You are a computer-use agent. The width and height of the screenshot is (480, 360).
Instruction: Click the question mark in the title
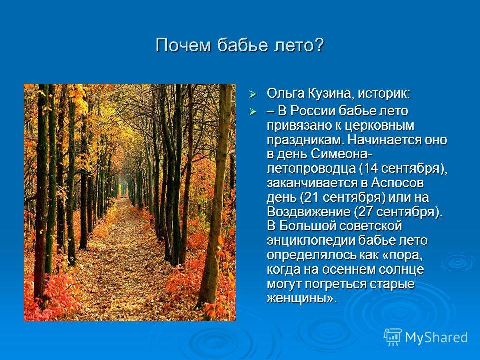point(319,45)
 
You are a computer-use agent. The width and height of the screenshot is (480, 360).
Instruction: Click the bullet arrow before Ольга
point(253,94)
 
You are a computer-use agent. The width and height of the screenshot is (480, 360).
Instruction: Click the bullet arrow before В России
point(253,112)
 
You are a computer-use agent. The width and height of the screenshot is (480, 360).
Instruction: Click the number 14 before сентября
point(370,168)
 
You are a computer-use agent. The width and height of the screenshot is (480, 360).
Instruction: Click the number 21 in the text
point(312,197)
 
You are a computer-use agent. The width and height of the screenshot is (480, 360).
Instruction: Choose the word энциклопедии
point(310,241)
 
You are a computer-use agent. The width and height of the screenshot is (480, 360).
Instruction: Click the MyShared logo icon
point(393,337)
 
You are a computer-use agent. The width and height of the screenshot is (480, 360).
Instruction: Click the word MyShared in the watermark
point(436,337)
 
